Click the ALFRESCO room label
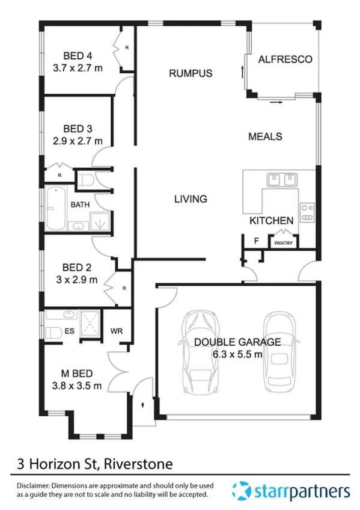(x=285, y=60)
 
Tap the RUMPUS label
(x=191, y=73)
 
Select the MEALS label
(x=265, y=137)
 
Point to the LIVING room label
(x=191, y=198)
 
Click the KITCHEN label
(x=272, y=221)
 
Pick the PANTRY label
(x=283, y=243)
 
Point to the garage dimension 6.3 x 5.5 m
(x=237, y=354)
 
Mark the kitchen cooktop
(x=307, y=210)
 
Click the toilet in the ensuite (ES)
(x=52, y=331)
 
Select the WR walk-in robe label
(x=117, y=330)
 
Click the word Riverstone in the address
(x=139, y=464)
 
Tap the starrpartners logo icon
(x=242, y=490)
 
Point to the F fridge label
(x=257, y=241)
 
